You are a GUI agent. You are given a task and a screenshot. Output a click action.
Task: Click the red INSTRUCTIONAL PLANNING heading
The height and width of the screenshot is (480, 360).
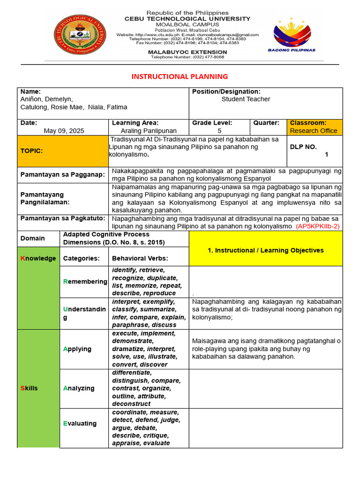(x=180, y=76)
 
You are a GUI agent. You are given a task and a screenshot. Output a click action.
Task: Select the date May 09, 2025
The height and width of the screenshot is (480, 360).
(x=64, y=131)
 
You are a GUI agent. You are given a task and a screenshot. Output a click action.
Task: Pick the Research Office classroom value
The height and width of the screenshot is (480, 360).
(x=313, y=131)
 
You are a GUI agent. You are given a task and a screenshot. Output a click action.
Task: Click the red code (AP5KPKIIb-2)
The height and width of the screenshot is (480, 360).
(x=317, y=226)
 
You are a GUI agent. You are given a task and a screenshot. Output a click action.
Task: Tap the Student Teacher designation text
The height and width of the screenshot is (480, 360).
(x=246, y=99)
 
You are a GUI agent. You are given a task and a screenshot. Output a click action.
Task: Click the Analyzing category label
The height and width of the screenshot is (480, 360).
(x=79, y=388)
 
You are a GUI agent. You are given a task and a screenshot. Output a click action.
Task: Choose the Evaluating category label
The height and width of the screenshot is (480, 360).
(x=80, y=423)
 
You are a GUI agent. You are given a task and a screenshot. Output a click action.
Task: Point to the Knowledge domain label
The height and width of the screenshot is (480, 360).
(x=38, y=258)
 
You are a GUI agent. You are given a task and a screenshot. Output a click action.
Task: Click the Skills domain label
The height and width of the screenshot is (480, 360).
(x=29, y=388)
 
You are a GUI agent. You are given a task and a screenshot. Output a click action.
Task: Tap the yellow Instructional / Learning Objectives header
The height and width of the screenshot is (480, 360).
(x=265, y=250)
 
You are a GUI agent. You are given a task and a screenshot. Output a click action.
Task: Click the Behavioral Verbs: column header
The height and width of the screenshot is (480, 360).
(x=140, y=258)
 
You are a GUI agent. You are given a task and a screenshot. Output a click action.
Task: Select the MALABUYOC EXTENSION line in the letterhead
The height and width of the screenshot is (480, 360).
(x=187, y=52)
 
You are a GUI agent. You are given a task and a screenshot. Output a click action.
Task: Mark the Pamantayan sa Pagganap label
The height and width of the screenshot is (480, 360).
(x=62, y=174)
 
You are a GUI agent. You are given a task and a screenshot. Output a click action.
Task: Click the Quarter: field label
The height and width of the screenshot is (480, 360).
(x=266, y=123)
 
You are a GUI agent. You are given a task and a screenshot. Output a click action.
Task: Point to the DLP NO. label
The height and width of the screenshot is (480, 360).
(x=304, y=147)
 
